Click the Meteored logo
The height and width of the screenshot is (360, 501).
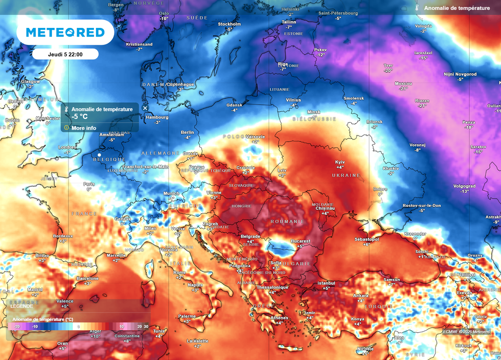point(65,32)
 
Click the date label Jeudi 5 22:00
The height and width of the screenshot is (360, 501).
point(65,54)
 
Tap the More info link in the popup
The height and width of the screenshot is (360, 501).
point(84,128)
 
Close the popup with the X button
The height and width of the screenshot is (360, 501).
point(145,108)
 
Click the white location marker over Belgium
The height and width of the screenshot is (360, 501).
point(99,155)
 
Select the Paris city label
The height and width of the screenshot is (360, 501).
point(89,184)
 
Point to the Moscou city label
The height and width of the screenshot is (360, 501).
point(403,84)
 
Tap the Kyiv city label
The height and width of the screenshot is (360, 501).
point(340,162)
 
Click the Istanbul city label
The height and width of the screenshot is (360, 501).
point(326,283)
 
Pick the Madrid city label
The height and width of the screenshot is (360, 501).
point(35,290)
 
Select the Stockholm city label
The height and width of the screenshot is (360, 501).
point(229,24)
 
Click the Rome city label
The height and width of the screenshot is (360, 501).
point(180,272)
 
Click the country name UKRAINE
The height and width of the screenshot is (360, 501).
point(346,175)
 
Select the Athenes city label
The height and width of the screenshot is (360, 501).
point(279,318)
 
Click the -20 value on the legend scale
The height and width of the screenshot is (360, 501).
point(17,326)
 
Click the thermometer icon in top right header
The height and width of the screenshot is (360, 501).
point(416,8)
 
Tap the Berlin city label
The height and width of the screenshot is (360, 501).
point(187,133)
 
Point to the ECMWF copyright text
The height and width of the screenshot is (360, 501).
point(466,332)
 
